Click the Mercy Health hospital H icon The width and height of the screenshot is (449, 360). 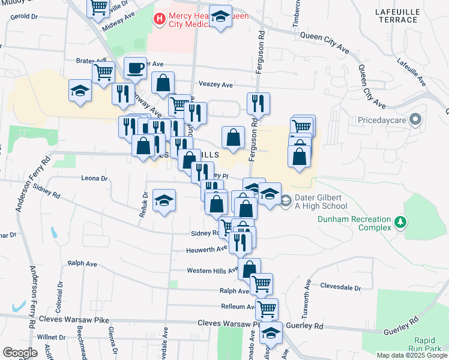pos(159,19)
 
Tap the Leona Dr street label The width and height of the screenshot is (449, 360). pos(94,178)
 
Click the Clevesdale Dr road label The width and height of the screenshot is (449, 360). pos(340,287)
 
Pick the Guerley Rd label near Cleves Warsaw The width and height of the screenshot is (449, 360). pos(306,326)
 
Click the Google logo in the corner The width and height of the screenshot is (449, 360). pos(20,353)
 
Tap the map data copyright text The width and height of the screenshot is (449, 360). pos(411,355)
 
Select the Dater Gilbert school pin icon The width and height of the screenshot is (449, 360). pos(286,200)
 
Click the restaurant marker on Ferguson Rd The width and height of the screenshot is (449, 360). pos(258,103)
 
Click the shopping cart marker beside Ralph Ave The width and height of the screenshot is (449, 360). pos(261,283)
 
